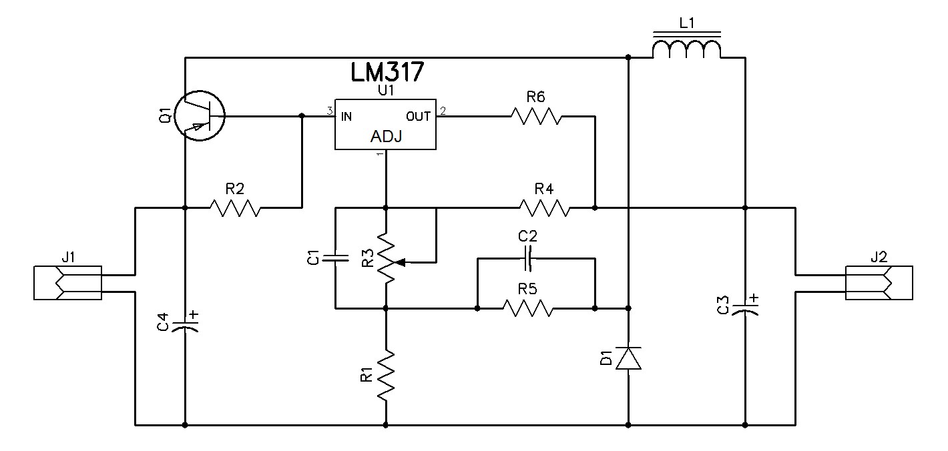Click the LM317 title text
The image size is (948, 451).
pyautogui.click(x=387, y=72)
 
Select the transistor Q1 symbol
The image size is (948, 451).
pyautogui.click(x=200, y=115)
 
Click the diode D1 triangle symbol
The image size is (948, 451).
pyautogui.click(x=628, y=358)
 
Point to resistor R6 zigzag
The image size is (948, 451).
pyautogui.click(x=536, y=116)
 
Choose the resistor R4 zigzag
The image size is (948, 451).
pyautogui.click(x=545, y=208)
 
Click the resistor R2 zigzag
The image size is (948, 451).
pyautogui.click(x=235, y=207)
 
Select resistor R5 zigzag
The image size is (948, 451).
pyautogui.click(x=528, y=308)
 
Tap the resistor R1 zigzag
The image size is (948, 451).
pyautogui.click(x=386, y=375)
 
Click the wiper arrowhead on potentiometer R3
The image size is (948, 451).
pyautogui.click(x=399, y=263)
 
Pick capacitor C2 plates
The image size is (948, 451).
pyautogui.click(x=527, y=258)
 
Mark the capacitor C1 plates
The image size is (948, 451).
pyautogui.click(x=336, y=258)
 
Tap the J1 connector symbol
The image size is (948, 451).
pyautogui.click(x=67, y=283)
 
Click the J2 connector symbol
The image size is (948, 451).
pyautogui.click(x=879, y=283)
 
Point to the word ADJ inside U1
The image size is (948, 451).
pyautogui.click(x=386, y=136)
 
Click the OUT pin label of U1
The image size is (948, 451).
pyautogui.click(x=418, y=116)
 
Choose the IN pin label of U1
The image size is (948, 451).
pyautogui.click(x=346, y=116)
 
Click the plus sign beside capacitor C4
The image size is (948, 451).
pyautogui.click(x=194, y=314)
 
